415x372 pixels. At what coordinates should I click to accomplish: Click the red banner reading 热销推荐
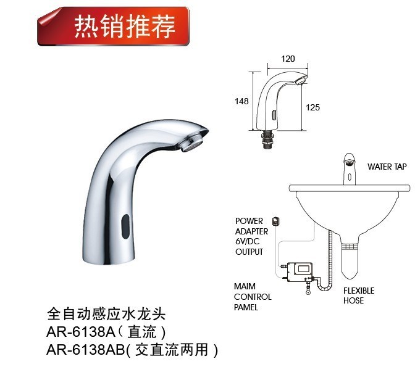(x=114, y=27)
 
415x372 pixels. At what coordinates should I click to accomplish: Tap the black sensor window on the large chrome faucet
(x=126, y=226)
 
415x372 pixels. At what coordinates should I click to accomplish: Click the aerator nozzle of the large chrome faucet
(x=193, y=142)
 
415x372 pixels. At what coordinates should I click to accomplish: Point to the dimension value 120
(x=288, y=59)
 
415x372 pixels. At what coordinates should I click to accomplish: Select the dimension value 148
(x=241, y=101)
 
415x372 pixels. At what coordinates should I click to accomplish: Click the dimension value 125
(x=313, y=107)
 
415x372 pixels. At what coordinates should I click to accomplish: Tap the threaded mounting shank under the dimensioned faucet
(x=267, y=139)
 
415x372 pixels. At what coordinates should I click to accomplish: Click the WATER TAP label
(x=387, y=167)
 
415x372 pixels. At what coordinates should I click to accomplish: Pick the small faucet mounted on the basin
(x=350, y=168)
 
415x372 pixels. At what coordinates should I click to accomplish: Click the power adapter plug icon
(x=275, y=220)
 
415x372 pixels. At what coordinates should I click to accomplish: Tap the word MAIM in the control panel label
(x=245, y=286)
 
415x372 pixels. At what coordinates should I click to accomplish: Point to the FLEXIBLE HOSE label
(x=359, y=296)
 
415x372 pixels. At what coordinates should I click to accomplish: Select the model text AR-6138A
(x=80, y=332)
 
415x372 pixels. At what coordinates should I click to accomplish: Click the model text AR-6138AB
(x=85, y=350)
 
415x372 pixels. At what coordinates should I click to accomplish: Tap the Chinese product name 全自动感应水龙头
(x=106, y=314)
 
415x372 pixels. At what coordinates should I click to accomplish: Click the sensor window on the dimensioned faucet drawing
(x=274, y=115)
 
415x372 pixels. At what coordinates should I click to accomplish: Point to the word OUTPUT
(x=249, y=252)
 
